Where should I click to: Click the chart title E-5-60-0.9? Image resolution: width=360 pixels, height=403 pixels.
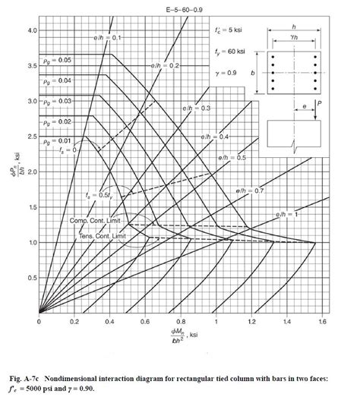178,9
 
